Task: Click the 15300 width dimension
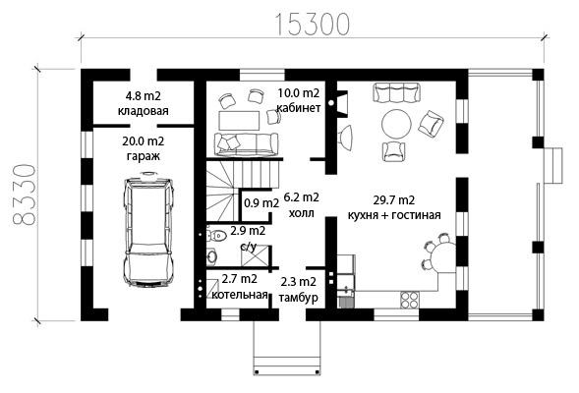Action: click(x=312, y=25)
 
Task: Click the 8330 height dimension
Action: click(x=24, y=195)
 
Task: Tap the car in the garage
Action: click(x=148, y=229)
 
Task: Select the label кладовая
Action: click(x=143, y=111)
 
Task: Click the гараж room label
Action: click(x=144, y=156)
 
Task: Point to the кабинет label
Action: click(x=299, y=108)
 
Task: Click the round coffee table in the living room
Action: click(x=396, y=124)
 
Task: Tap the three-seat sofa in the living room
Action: click(x=396, y=92)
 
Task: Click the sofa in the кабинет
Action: click(x=246, y=144)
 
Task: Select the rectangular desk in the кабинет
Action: click(x=239, y=120)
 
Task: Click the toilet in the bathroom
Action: click(x=216, y=235)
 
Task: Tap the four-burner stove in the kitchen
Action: click(x=410, y=299)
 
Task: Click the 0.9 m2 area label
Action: click(x=261, y=203)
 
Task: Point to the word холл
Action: click(x=301, y=213)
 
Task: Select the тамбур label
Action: click(x=299, y=297)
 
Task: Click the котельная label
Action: click(x=240, y=295)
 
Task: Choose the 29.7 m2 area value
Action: click(x=393, y=200)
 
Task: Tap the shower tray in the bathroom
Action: click(x=255, y=255)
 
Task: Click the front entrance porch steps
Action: click(x=286, y=348)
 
